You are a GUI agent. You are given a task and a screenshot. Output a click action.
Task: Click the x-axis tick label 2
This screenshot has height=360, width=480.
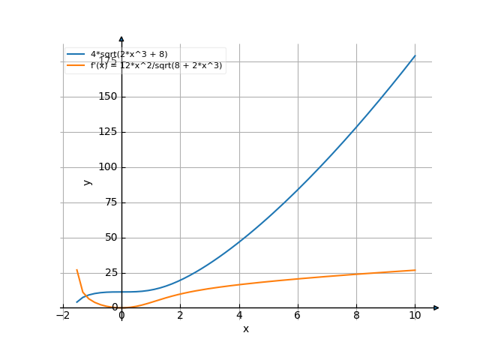click(x=180, y=316)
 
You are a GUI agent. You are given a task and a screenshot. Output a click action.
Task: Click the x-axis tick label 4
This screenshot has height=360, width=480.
click(x=238, y=316)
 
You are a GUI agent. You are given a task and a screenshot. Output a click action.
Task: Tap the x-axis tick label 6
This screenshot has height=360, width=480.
click(x=297, y=316)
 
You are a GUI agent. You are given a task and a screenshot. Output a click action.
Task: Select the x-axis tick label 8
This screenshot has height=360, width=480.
click(x=355, y=316)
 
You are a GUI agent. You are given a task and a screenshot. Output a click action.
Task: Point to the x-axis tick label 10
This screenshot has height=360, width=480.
click(x=414, y=316)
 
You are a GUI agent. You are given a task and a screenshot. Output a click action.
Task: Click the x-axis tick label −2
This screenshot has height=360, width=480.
click(x=62, y=316)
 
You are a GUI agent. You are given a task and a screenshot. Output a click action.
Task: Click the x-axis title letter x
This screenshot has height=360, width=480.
click(x=245, y=328)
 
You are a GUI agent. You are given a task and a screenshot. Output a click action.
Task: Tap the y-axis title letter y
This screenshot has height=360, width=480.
click(x=88, y=182)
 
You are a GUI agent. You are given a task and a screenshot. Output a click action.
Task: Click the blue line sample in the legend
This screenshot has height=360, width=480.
click(x=76, y=55)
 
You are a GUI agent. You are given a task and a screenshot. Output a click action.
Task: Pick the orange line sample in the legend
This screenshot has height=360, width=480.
click(x=76, y=65)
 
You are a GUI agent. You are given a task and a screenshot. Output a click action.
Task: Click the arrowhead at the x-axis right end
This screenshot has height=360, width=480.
click(x=436, y=307)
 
